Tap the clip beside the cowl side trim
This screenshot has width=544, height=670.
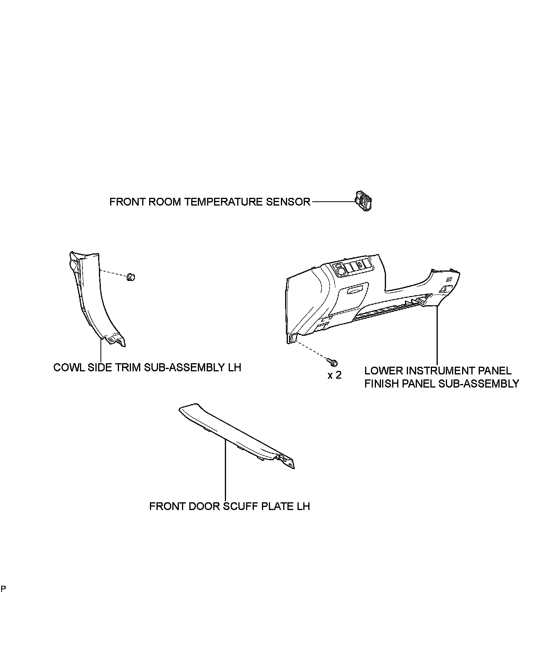(x=131, y=277)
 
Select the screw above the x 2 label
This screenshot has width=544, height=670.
(x=332, y=362)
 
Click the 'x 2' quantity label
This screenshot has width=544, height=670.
(x=335, y=375)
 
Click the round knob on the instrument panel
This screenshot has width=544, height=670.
(x=342, y=269)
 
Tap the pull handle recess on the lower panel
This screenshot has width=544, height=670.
(x=356, y=289)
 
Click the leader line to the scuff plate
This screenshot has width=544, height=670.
(x=225, y=471)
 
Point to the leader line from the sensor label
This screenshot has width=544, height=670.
(x=332, y=201)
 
